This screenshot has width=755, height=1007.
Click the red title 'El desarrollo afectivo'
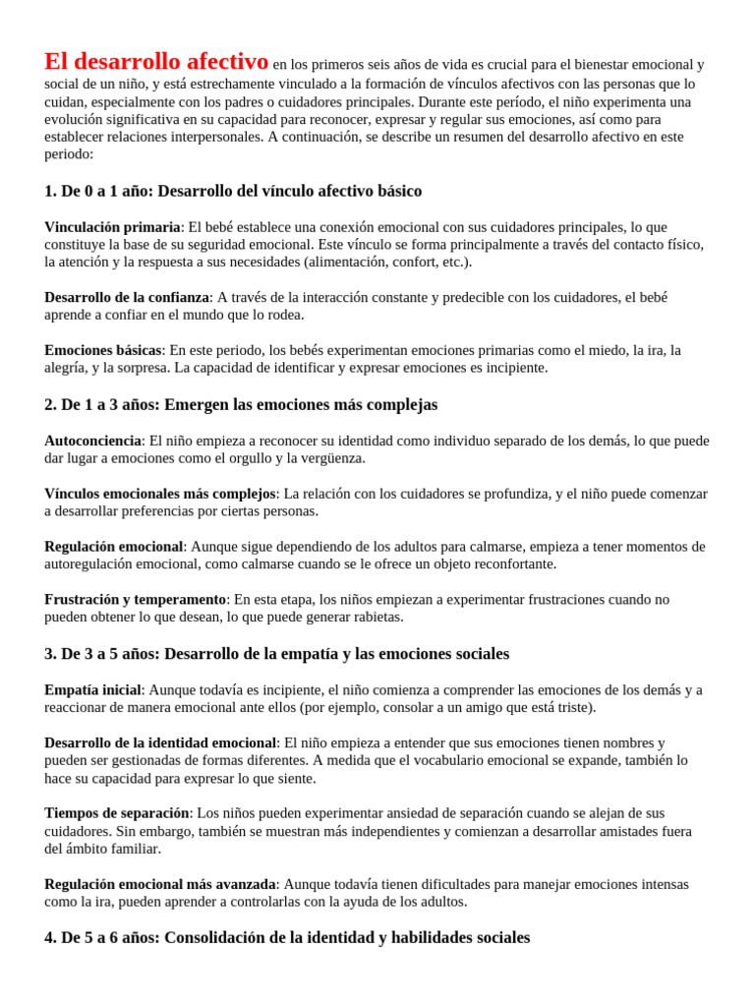pos(156,62)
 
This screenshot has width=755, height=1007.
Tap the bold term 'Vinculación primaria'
pos(112,227)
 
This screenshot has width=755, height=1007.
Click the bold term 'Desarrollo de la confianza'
pos(127,297)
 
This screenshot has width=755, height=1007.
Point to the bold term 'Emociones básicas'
pos(102,350)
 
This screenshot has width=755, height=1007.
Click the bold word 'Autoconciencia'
pos(93,441)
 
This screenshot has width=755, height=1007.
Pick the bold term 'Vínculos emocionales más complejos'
pos(159,494)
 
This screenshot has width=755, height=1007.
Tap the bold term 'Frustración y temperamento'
pos(136,600)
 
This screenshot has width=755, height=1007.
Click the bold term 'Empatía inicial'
pos(93,690)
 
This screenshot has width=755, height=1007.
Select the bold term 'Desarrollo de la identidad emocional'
pos(160,743)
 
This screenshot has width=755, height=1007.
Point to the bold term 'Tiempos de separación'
pos(117,813)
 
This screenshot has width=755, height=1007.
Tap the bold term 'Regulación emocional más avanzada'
pos(159,884)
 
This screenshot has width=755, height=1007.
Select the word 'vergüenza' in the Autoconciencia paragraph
pos(332,458)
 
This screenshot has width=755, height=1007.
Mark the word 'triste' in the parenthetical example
pos(573,708)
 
